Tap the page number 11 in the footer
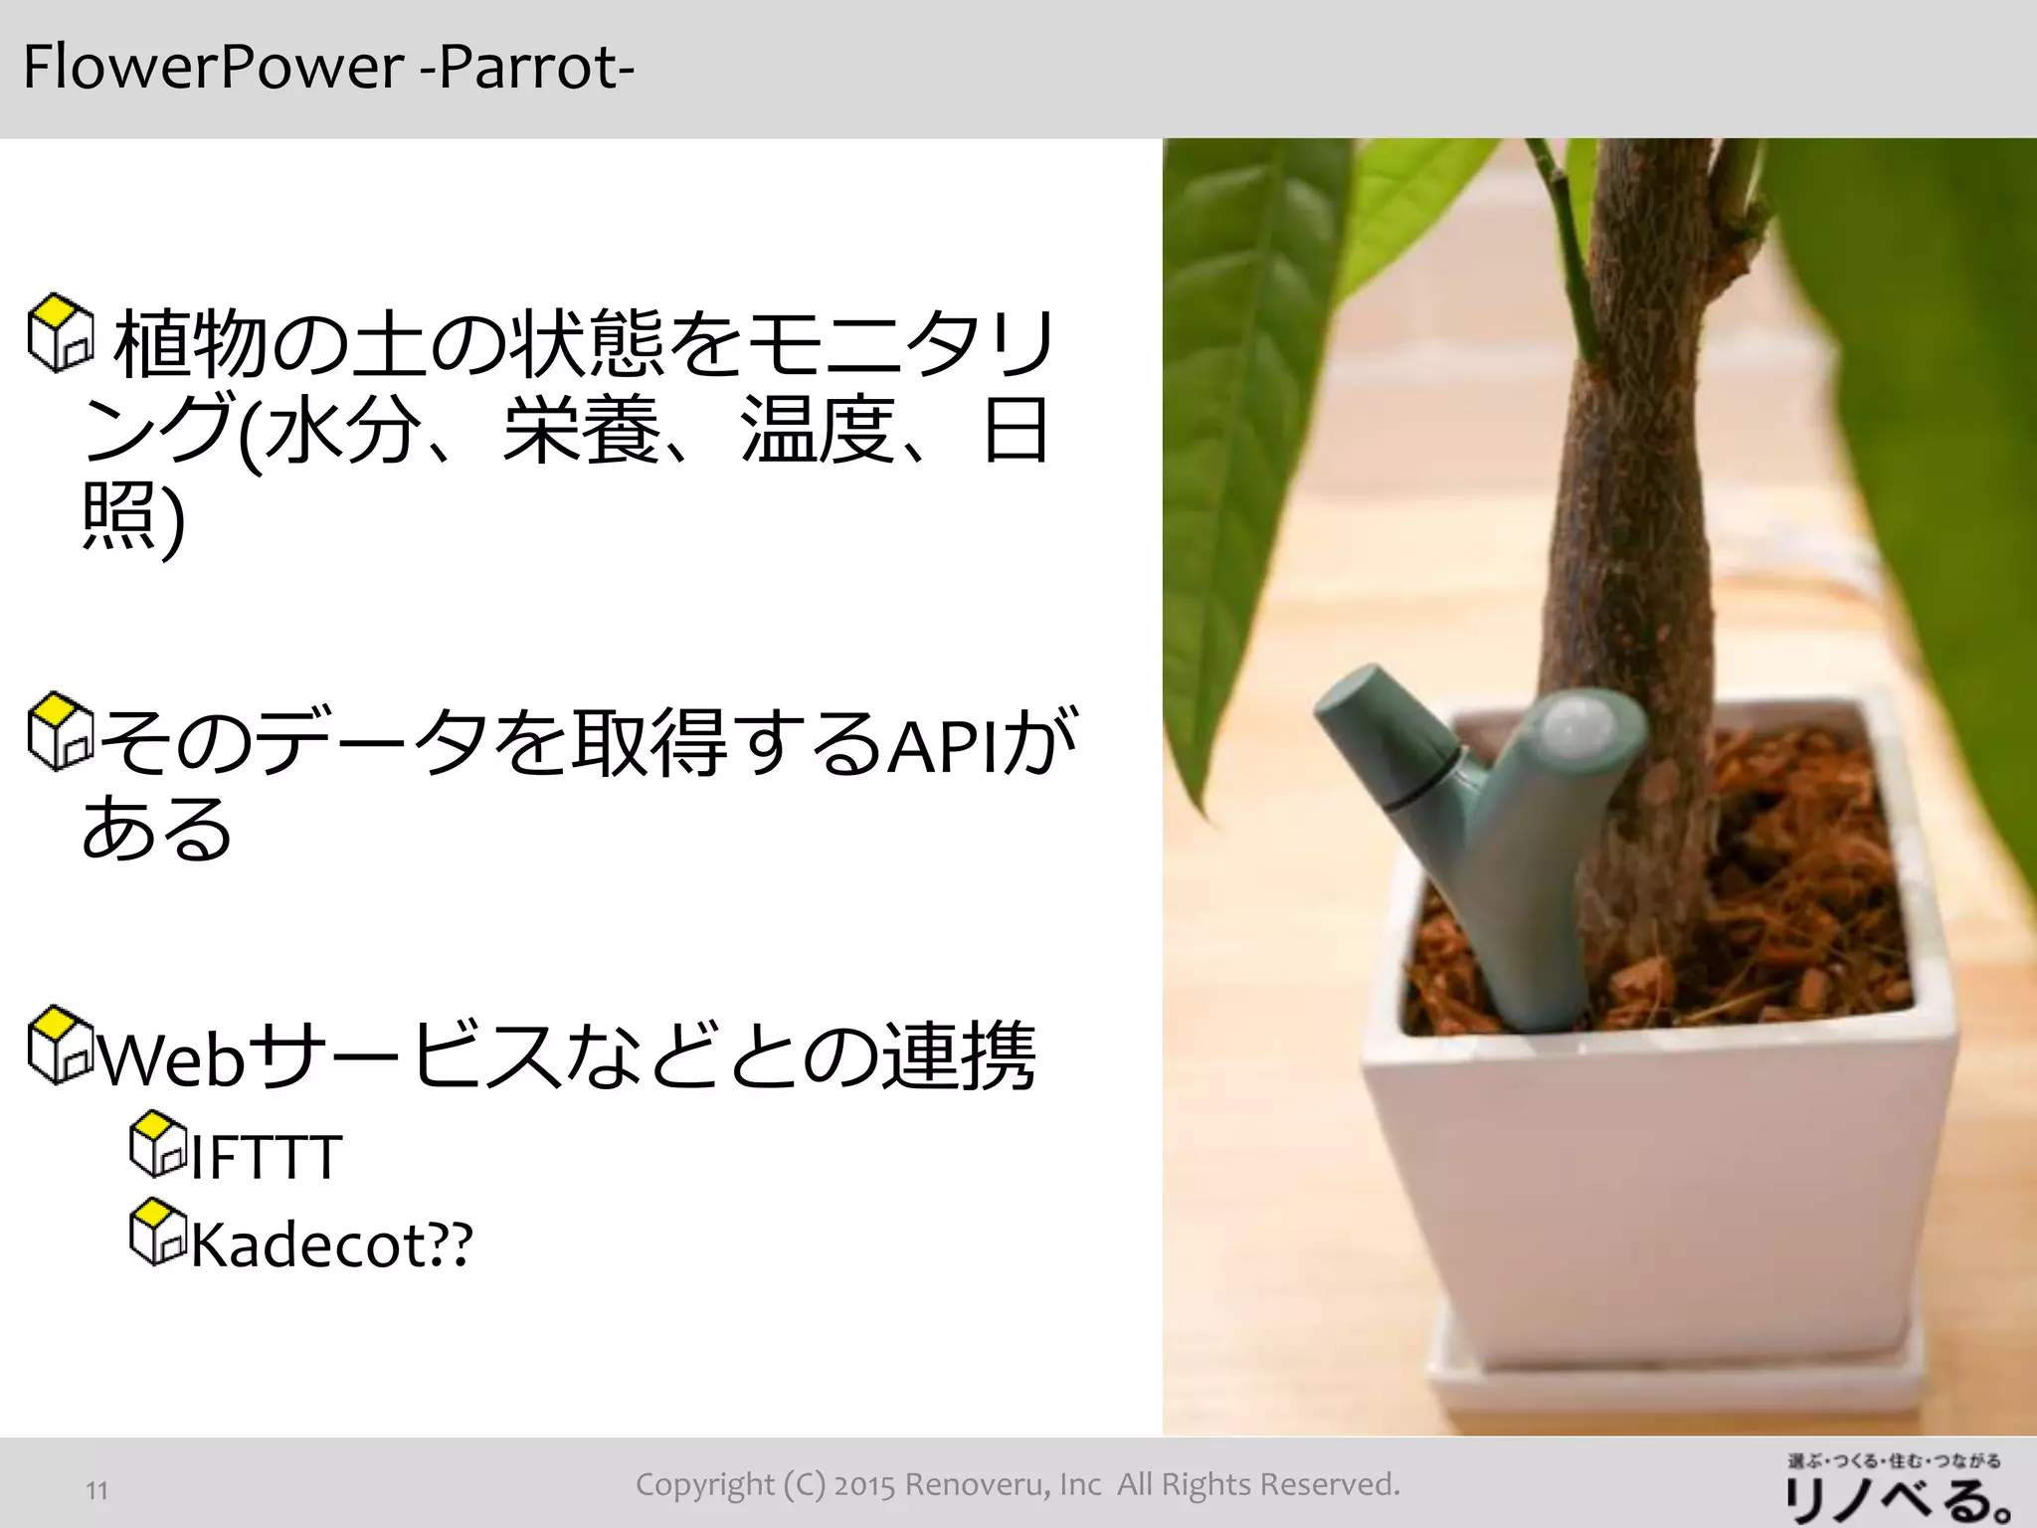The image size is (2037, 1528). [96, 1490]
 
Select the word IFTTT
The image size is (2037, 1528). [266, 1157]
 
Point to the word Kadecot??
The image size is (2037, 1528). [331, 1244]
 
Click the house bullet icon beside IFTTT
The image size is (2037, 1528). [158, 1143]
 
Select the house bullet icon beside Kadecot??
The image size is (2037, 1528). [158, 1232]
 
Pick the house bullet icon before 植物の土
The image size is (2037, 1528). [60, 332]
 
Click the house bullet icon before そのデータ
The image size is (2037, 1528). [60, 732]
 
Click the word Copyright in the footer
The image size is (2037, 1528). [705, 1485]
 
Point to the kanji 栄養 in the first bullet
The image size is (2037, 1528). [581, 432]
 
